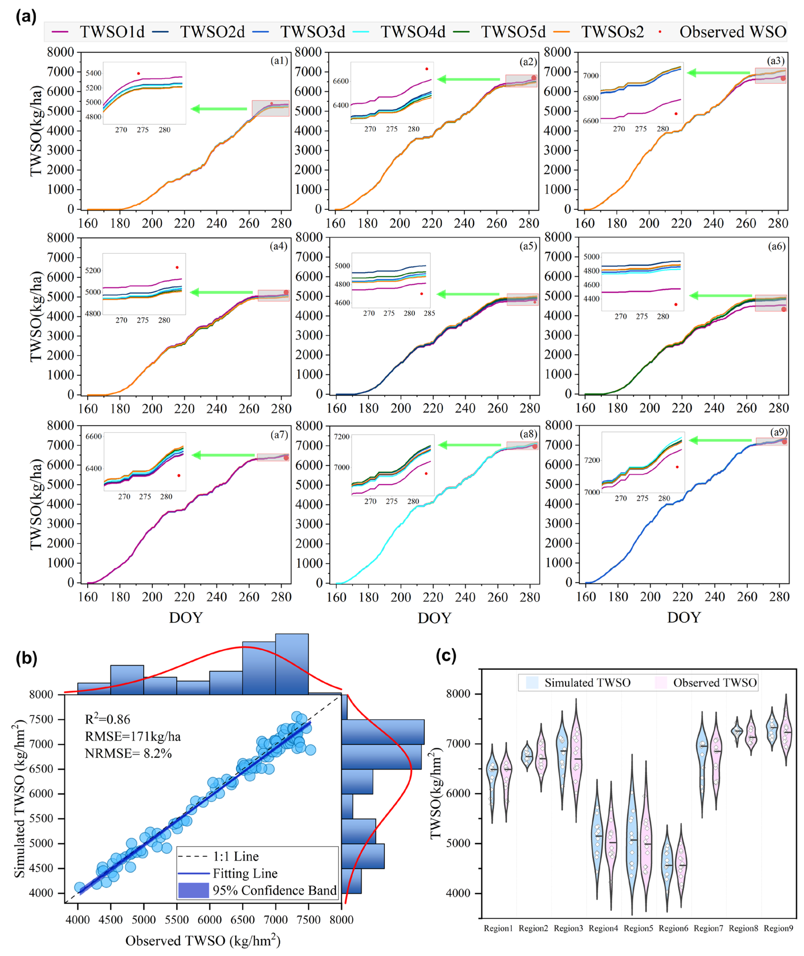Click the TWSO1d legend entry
[112, 32]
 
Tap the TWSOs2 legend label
[612, 32]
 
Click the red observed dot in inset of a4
[177, 267]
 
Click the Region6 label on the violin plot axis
[673, 928]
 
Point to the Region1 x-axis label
[498, 928]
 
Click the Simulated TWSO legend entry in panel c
[587, 682]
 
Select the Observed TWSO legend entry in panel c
[715, 682]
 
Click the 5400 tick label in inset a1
[94, 73]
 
